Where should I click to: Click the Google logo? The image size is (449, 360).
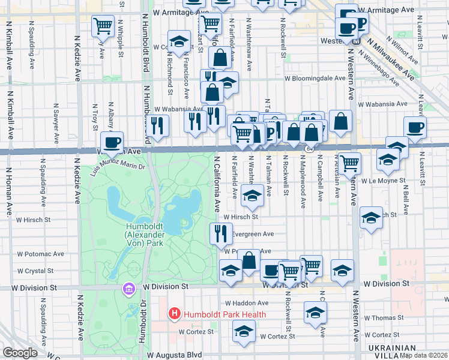tap(20, 353)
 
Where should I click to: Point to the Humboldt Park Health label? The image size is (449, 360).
tap(224, 314)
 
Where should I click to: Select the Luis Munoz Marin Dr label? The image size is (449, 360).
tap(118, 162)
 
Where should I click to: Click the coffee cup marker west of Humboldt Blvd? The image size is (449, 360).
tap(112, 143)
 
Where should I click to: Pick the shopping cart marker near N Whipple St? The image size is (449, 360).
tap(103, 26)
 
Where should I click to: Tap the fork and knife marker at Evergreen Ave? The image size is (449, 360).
tap(221, 232)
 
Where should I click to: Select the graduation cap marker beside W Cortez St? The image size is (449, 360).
tap(244, 331)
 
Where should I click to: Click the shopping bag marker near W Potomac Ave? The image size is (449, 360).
tap(249, 261)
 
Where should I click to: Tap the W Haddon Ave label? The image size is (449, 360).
tap(246, 303)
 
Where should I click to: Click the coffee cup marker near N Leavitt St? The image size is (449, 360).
tap(415, 127)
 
